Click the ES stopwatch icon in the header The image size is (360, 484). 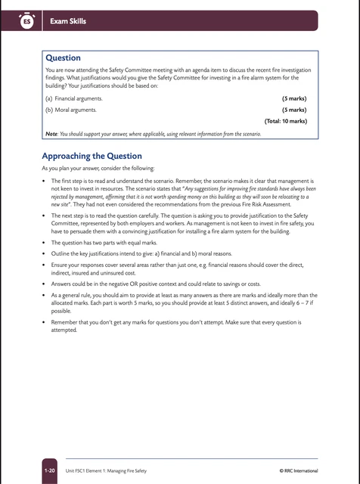pyautogui.click(x=26, y=22)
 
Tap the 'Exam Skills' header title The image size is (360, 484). pyautogui.click(x=68, y=21)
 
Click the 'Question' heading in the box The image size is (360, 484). pyautogui.click(x=64, y=57)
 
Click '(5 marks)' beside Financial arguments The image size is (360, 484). pyautogui.click(x=293, y=98)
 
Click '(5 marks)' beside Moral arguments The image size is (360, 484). pyautogui.click(x=293, y=110)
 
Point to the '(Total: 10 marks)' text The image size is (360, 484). pyautogui.click(x=285, y=121)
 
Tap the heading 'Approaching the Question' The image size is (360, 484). pyautogui.click(x=92, y=157)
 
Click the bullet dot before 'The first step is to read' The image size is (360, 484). pyautogui.click(x=44, y=182)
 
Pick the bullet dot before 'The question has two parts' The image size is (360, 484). pyautogui.click(x=44, y=242)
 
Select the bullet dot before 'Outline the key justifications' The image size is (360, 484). pyautogui.click(x=44, y=253)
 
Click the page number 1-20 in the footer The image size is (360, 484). pyautogui.click(x=50, y=470)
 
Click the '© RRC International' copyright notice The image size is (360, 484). pyautogui.click(x=299, y=470)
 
